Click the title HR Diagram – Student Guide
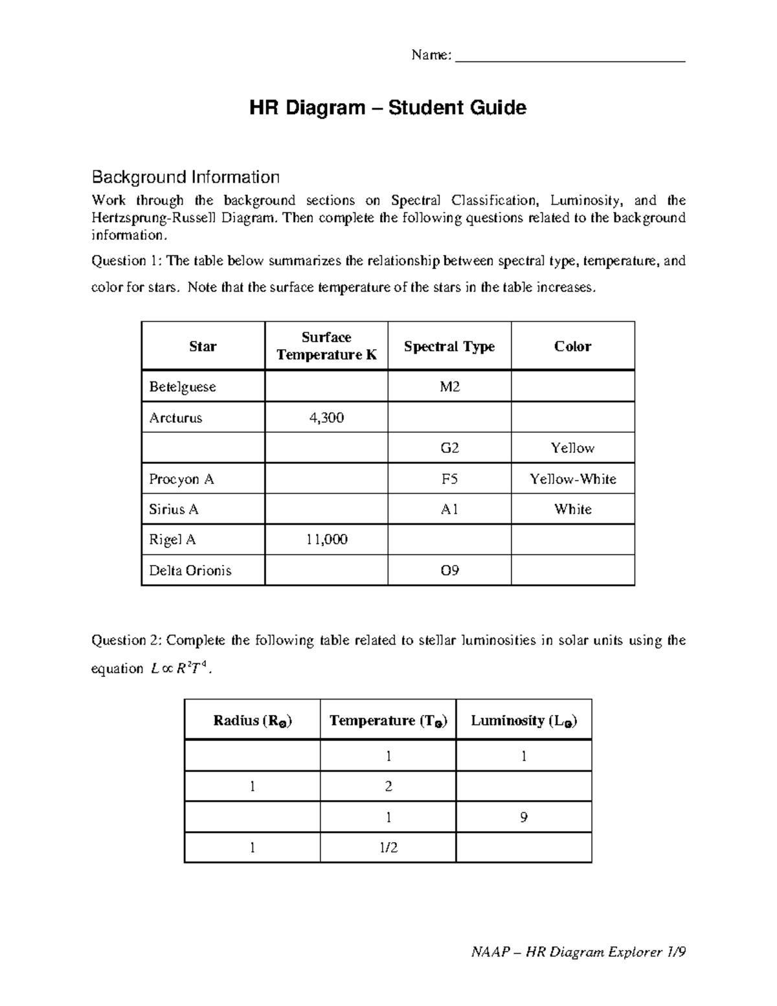[388, 108]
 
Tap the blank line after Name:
[570, 57]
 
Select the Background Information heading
[185, 177]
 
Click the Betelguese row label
[182, 387]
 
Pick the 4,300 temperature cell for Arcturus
[326, 418]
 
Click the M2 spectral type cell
[449, 387]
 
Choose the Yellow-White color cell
[572, 479]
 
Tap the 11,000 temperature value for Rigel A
[326, 540]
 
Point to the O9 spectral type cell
[449, 571]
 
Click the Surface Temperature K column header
[326, 346]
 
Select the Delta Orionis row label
[190, 571]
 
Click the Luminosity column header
[524, 720]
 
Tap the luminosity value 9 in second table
[524, 817]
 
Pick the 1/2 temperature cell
[388, 847]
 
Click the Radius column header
[253, 720]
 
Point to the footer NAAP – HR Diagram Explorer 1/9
[578, 952]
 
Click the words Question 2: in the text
[127, 641]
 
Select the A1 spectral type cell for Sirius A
[449, 509]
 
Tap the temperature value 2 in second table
[388, 786]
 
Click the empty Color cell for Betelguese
[572, 387]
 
